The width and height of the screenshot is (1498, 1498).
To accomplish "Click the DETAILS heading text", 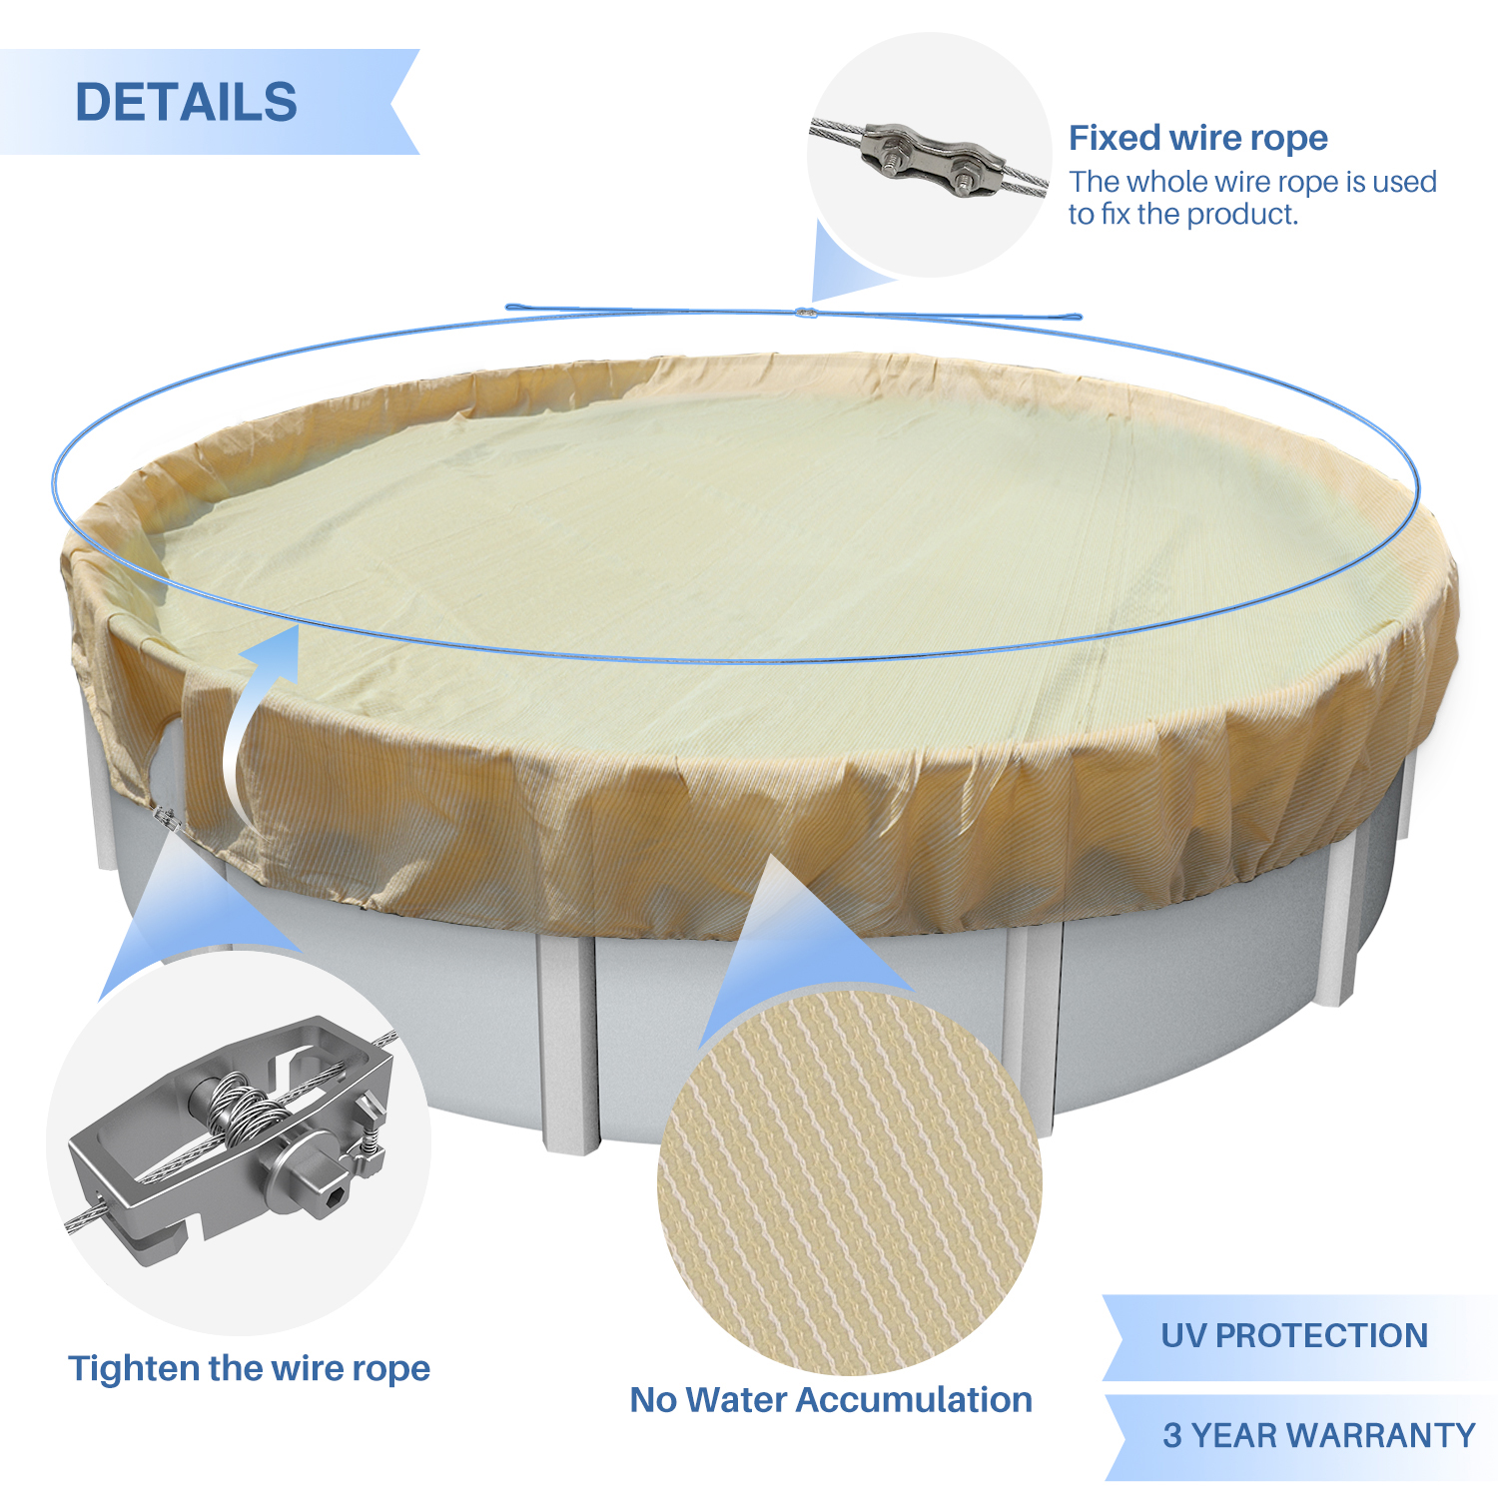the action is pos(187,102).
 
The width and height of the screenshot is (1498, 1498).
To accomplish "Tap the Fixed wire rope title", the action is pos(1198,138).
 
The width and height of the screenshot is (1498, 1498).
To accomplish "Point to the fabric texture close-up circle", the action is pos(850,1182).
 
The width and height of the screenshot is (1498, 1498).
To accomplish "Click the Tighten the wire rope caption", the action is pos(249,1368).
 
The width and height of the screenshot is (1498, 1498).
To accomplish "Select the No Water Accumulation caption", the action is pos(831,1399).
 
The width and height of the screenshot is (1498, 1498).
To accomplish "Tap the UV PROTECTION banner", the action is pos(1294,1336).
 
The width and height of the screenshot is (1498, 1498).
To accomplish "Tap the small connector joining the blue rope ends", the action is pos(805,313).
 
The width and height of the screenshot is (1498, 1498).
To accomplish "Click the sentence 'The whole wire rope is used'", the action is pos(1252,182).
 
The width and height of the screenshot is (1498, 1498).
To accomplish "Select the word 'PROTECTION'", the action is pos(1322,1336).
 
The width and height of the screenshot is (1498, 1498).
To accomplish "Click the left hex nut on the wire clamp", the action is pos(889,152).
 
